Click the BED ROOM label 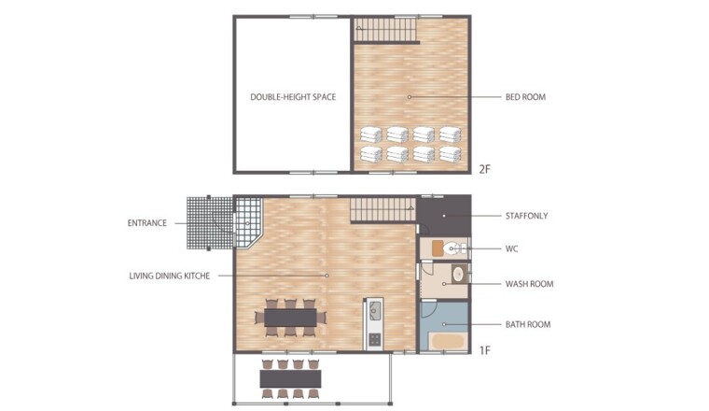525,97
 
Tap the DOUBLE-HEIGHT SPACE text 293,97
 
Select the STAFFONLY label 527,216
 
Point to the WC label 512,249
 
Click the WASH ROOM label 530,284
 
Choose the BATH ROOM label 528,324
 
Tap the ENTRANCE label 147,223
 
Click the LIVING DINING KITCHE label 170,276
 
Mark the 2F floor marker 485,169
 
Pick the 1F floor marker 485,350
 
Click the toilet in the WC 453,248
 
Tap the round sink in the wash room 459,275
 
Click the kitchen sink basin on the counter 375,310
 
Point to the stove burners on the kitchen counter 375,339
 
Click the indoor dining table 291,318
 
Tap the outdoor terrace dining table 291,379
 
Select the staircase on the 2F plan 384,30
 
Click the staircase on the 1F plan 383,210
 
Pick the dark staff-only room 443,216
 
